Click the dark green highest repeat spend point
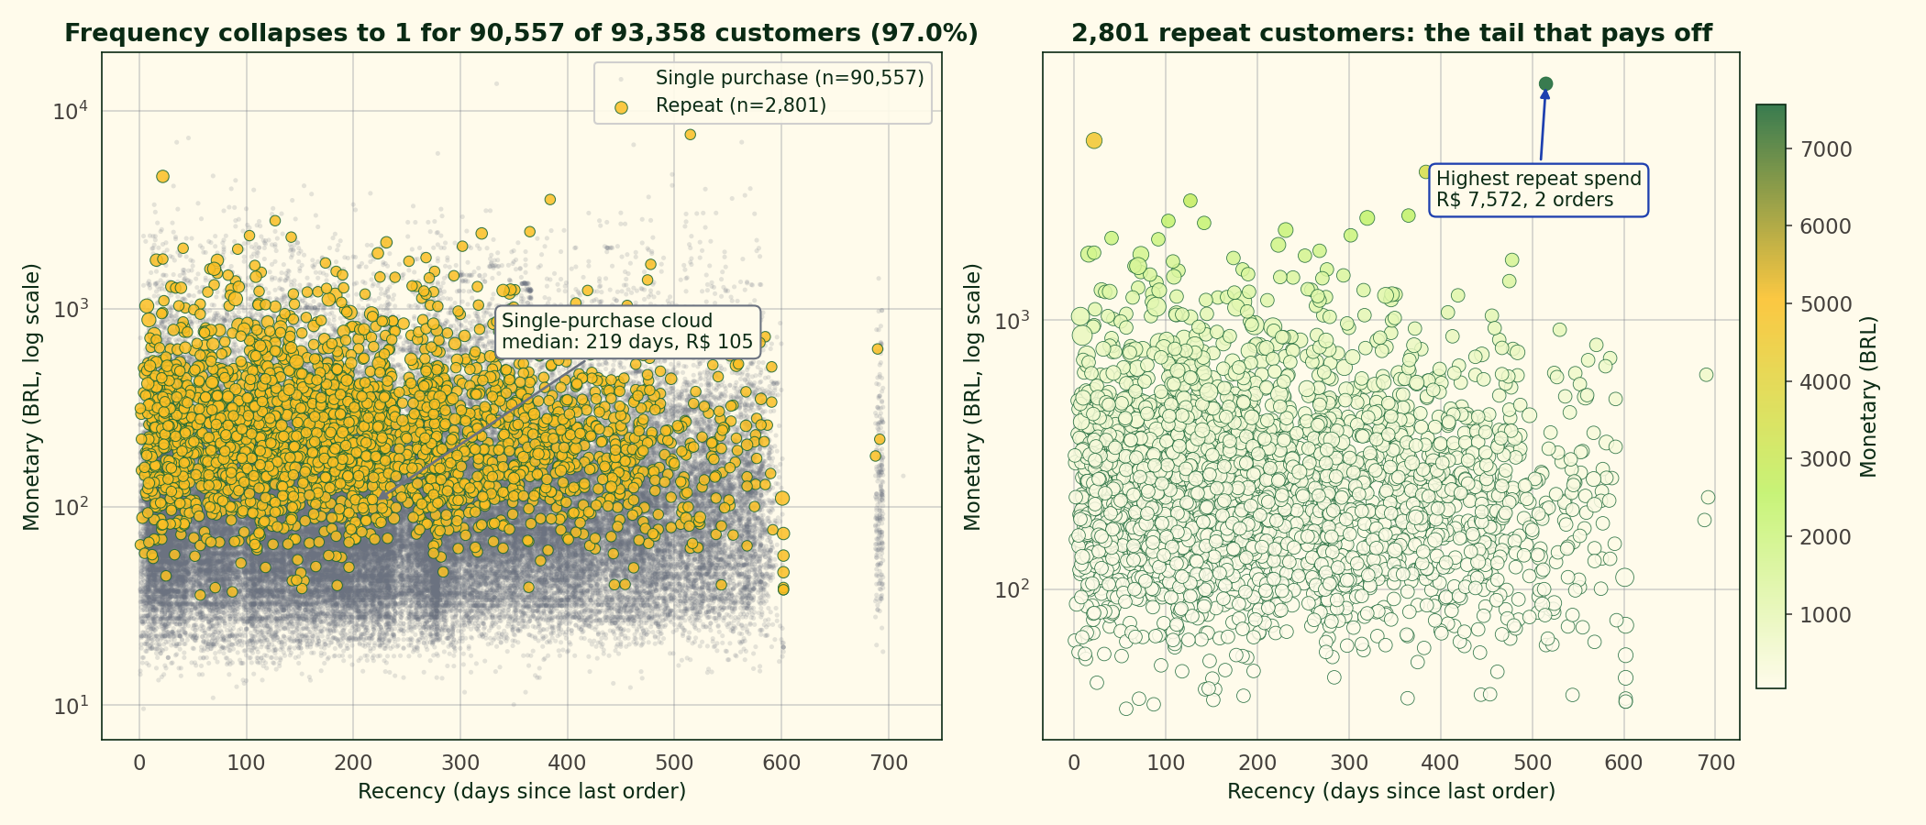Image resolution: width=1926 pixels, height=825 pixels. (x=1545, y=84)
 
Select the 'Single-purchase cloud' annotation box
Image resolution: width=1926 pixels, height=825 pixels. (x=627, y=332)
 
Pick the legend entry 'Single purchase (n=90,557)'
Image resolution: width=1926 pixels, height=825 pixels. (x=789, y=78)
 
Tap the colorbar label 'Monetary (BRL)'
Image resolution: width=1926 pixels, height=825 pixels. (x=1868, y=397)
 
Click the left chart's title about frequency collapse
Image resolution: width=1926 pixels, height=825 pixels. (x=521, y=34)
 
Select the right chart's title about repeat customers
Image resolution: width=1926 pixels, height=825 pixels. (x=1391, y=34)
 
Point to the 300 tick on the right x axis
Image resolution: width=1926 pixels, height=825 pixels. (x=1348, y=763)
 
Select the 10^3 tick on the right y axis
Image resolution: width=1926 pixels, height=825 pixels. (x=1013, y=320)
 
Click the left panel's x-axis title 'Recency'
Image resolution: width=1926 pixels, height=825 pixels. (x=521, y=791)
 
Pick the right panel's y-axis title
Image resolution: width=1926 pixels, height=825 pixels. (x=973, y=397)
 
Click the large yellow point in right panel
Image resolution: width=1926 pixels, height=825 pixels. (x=1093, y=140)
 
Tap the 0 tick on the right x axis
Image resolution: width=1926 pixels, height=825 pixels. (x=1074, y=763)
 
